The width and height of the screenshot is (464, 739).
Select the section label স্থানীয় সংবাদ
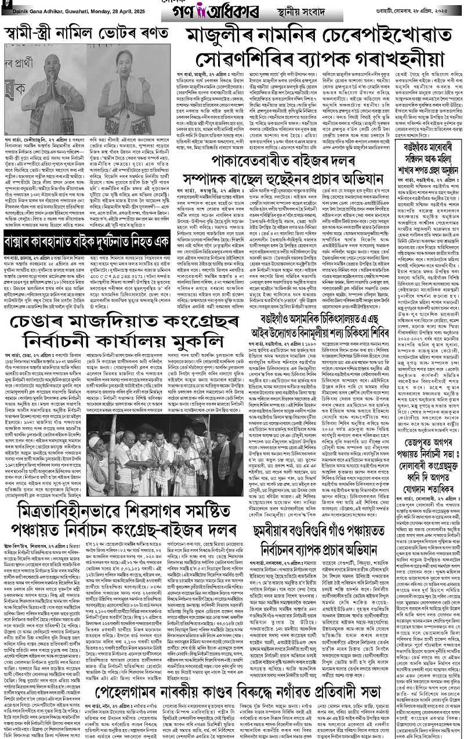332,10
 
